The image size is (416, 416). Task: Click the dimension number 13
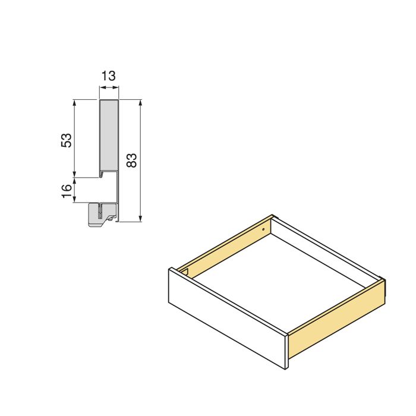[109, 76]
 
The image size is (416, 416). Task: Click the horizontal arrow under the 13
[109, 88]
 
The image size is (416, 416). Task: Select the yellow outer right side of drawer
[336, 321]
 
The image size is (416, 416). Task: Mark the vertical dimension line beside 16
[74, 190]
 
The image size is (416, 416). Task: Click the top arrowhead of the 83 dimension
[140, 103]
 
